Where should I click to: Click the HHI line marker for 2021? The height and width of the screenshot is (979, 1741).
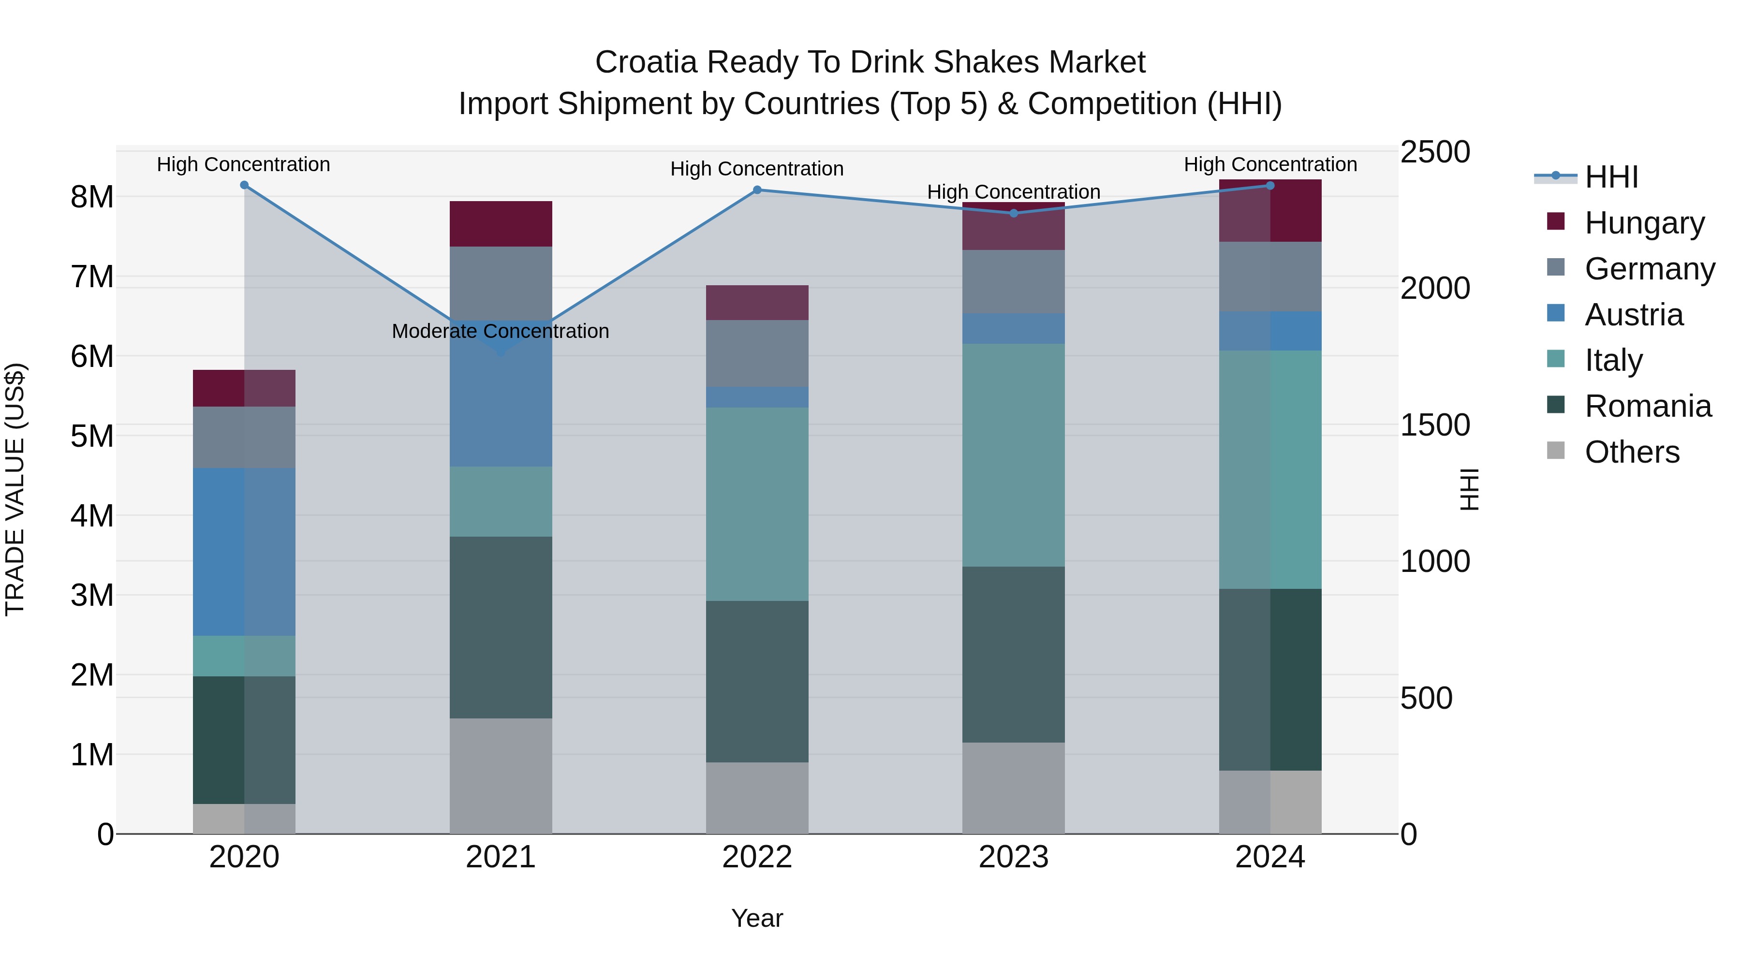[501, 351]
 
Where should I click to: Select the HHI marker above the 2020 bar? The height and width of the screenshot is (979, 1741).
[244, 185]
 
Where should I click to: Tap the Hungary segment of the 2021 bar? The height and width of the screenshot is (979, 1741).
[501, 224]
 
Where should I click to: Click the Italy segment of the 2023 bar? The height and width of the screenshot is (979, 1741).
[1013, 455]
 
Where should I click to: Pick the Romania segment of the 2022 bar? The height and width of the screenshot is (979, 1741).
[757, 681]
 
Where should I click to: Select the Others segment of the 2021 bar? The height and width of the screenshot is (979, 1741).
[501, 775]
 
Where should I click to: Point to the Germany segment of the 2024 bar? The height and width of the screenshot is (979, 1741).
[1270, 277]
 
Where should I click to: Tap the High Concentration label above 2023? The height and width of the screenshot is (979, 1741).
[1013, 192]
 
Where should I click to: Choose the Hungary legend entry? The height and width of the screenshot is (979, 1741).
[1644, 223]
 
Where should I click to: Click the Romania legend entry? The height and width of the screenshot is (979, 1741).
[1648, 406]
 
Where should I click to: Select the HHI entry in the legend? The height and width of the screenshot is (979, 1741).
[1611, 177]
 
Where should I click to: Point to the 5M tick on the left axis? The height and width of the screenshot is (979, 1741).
[92, 436]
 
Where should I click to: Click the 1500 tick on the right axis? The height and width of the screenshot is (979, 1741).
[1434, 425]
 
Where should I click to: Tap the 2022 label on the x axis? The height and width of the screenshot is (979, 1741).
[757, 857]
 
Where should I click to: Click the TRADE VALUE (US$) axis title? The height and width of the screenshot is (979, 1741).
[15, 489]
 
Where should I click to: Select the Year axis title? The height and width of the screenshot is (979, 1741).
[757, 918]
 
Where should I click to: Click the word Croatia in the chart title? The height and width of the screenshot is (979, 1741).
[646, 62]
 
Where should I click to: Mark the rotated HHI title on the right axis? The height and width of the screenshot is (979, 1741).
[1469, 489]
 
